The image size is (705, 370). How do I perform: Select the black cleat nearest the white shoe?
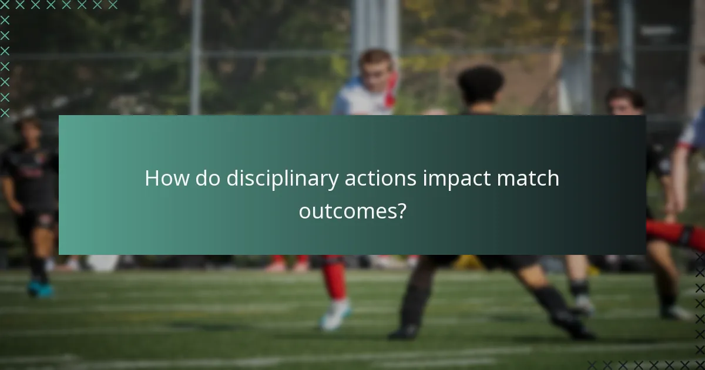tap(404, 332)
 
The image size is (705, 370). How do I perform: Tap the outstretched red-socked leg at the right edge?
tap(676, 233)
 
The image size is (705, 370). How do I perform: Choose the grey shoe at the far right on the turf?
tap(676, 312)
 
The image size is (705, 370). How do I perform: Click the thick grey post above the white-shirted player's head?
tap(375, 23)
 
